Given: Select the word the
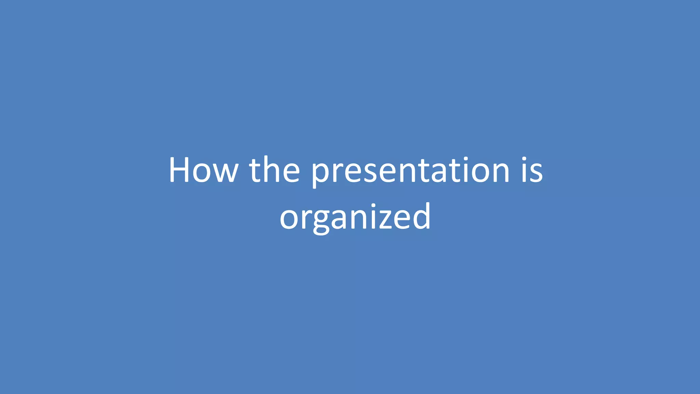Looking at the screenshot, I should (x=274, y=170).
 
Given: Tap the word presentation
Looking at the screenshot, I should (x=410, y=171).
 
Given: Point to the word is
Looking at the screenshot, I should (x=532, y=170).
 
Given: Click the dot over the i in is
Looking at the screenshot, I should (x=524, y=159).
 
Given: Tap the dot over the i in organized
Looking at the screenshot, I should (x=374, y=206).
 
